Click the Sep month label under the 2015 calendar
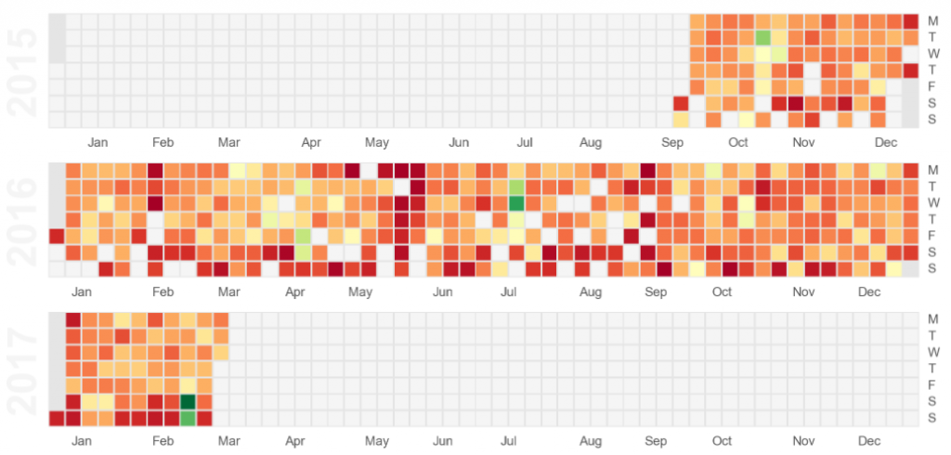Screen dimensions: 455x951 pyautogui.click(x=671, y=143)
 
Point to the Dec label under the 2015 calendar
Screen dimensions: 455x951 pyautogui.click(x=885, y=143)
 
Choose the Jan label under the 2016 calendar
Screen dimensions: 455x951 pyautogui.click(x=81, y=292)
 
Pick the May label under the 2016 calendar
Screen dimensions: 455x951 pyautogui.click(x=359, y=292)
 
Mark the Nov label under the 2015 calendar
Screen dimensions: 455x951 pyautogui.click(x=803, y=143)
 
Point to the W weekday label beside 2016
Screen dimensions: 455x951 pyautogui.click(x=933, y=203)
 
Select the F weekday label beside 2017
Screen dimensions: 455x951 pyautogui.click(x=932, y=385)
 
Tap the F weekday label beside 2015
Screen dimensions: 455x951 pyautogui.click(x=932, y=87)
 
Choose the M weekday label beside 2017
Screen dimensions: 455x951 pyautogui.click(x=932, y=319)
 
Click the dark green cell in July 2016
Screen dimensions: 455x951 pyautogui.click(x=516, y=203)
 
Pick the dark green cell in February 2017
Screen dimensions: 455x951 pyautogui.click(x=188, y=401)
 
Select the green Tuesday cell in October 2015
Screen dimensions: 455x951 pyautogui.click(x=763, y=38)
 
